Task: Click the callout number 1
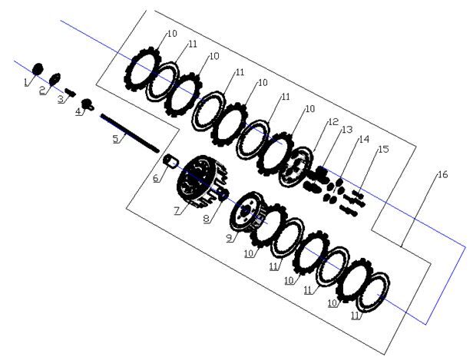26,82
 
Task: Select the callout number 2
42,90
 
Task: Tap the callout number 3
61,98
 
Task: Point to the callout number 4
78,111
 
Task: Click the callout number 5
116,139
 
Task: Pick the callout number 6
156,178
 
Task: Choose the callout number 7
177,210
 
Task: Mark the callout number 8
207,219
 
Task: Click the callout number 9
230,238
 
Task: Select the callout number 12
333,122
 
